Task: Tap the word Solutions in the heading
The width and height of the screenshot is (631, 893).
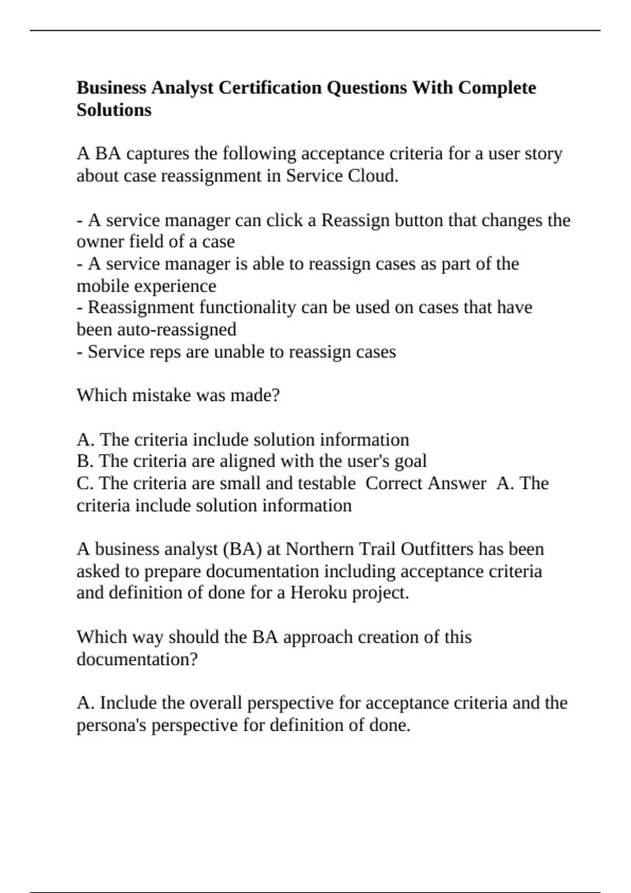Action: (x=114, y=110)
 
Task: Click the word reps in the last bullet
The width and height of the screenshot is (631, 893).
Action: (x=164, y=351)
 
